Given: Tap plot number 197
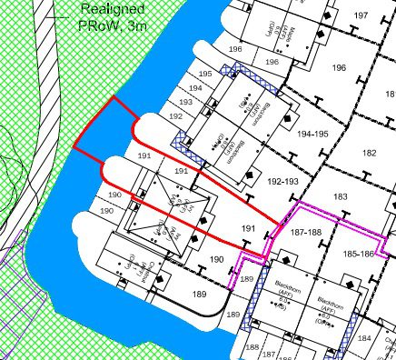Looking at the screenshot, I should click(361, 15).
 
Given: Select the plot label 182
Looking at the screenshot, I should click(370, 154).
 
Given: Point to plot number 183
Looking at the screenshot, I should click(340, 196).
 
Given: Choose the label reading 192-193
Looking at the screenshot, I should click(284, 182).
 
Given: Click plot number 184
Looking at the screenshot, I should click(364, 339).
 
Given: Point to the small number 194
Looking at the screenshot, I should click(194, 88).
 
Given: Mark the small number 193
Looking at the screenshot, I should click(185, 103).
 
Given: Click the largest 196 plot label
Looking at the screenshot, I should click(340, 69).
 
